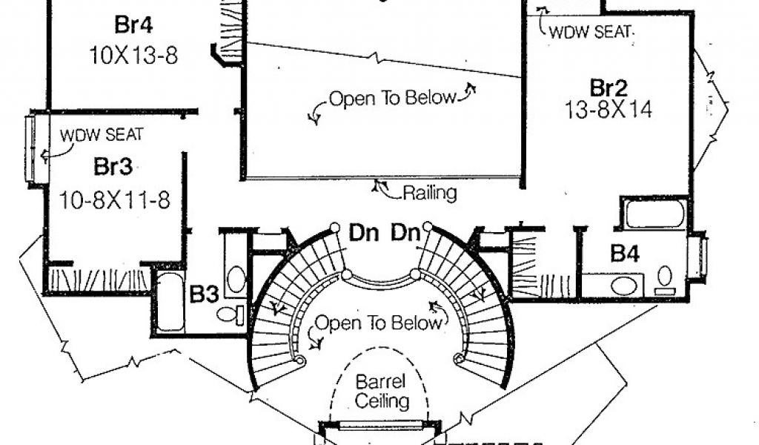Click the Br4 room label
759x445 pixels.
pos(133,24)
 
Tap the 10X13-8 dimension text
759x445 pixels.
pos(133,55)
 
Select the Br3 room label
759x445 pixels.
pos(113,167)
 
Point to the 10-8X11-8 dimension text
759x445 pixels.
pos(115,200)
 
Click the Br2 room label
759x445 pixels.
pos(609,88)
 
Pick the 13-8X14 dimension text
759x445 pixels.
pos(609,110)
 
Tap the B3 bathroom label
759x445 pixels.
pos(204,294)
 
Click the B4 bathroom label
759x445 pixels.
pos(625,253)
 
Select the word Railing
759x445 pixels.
pos(430,194)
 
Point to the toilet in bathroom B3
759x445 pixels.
pos(231,314)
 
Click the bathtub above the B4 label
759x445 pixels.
pos(654,214)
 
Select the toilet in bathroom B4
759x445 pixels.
pos(665,280)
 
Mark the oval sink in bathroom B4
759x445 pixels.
pos(623,286)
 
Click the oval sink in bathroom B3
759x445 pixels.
pos(236,279)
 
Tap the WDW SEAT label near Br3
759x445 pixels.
pos(102,135)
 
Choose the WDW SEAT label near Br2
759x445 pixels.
pos(591,32)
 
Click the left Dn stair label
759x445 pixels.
pos(364,234)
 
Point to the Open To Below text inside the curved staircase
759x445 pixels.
pos(379,323)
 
